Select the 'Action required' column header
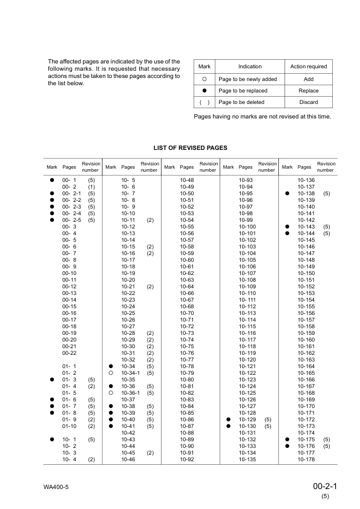click(309, 66)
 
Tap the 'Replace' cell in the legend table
click(309, 90)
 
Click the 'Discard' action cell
click(309, 102)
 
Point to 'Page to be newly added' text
click(248, 79)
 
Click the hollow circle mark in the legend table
click(205, 79)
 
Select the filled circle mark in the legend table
click(205, 90)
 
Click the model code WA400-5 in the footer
click(56, 487)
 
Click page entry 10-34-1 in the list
click(131, 373)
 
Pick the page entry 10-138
click(307, 193)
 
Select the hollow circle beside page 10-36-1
click(111, 393)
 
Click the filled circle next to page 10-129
click(229, 420)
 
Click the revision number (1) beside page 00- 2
click(91, 187)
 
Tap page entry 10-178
click(307, 459)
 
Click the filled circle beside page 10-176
click(287, 446)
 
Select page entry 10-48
click(187, 180)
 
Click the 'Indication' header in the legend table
click(250, 66)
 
